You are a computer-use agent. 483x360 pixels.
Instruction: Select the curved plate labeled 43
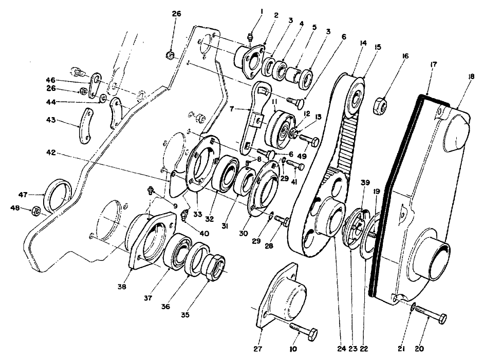(x=85, y=126)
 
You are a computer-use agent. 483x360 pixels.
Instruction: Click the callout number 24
(x=341, y=349)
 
